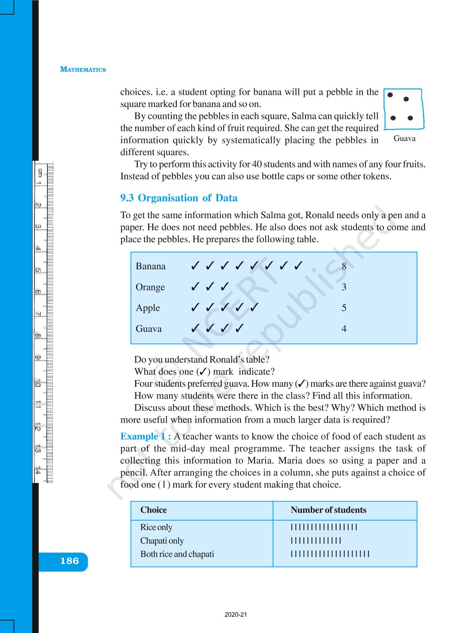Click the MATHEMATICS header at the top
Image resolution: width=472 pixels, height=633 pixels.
click(x=83, y=69)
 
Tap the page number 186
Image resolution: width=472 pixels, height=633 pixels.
click(x=70, y=561)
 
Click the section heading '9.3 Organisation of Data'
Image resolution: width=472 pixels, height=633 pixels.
click(x=179, y=198)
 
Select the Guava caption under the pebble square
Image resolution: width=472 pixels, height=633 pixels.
click(x=404, y=139)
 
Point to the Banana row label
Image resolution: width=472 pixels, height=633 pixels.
click(x=151, y=266)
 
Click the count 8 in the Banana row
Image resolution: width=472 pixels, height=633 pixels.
click(x=344, y=266)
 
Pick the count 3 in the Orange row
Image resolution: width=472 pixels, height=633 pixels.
click(x=344, y=287)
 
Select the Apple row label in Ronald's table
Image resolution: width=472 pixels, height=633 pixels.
click(x=148, y=308)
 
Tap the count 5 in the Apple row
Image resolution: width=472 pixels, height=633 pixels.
click(x=344, y=308)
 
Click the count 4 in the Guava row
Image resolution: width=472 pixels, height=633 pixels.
click(x=344, y=329)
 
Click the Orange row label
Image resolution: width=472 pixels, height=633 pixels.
click(x=150, y=287)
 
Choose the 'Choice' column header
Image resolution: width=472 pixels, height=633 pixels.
click(x=154, y=510)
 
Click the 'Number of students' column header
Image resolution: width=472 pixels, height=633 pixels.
click(x=328, y=510)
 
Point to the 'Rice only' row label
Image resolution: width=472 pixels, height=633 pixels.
click(x=156, y=527)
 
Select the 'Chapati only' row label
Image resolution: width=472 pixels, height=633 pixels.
click(x=162, y=541)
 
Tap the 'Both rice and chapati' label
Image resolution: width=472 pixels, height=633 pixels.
click(x=177, y=554)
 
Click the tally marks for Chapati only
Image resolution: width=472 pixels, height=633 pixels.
click(x=316, y=541)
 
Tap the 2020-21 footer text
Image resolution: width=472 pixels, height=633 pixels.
click(x=236, y=614)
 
